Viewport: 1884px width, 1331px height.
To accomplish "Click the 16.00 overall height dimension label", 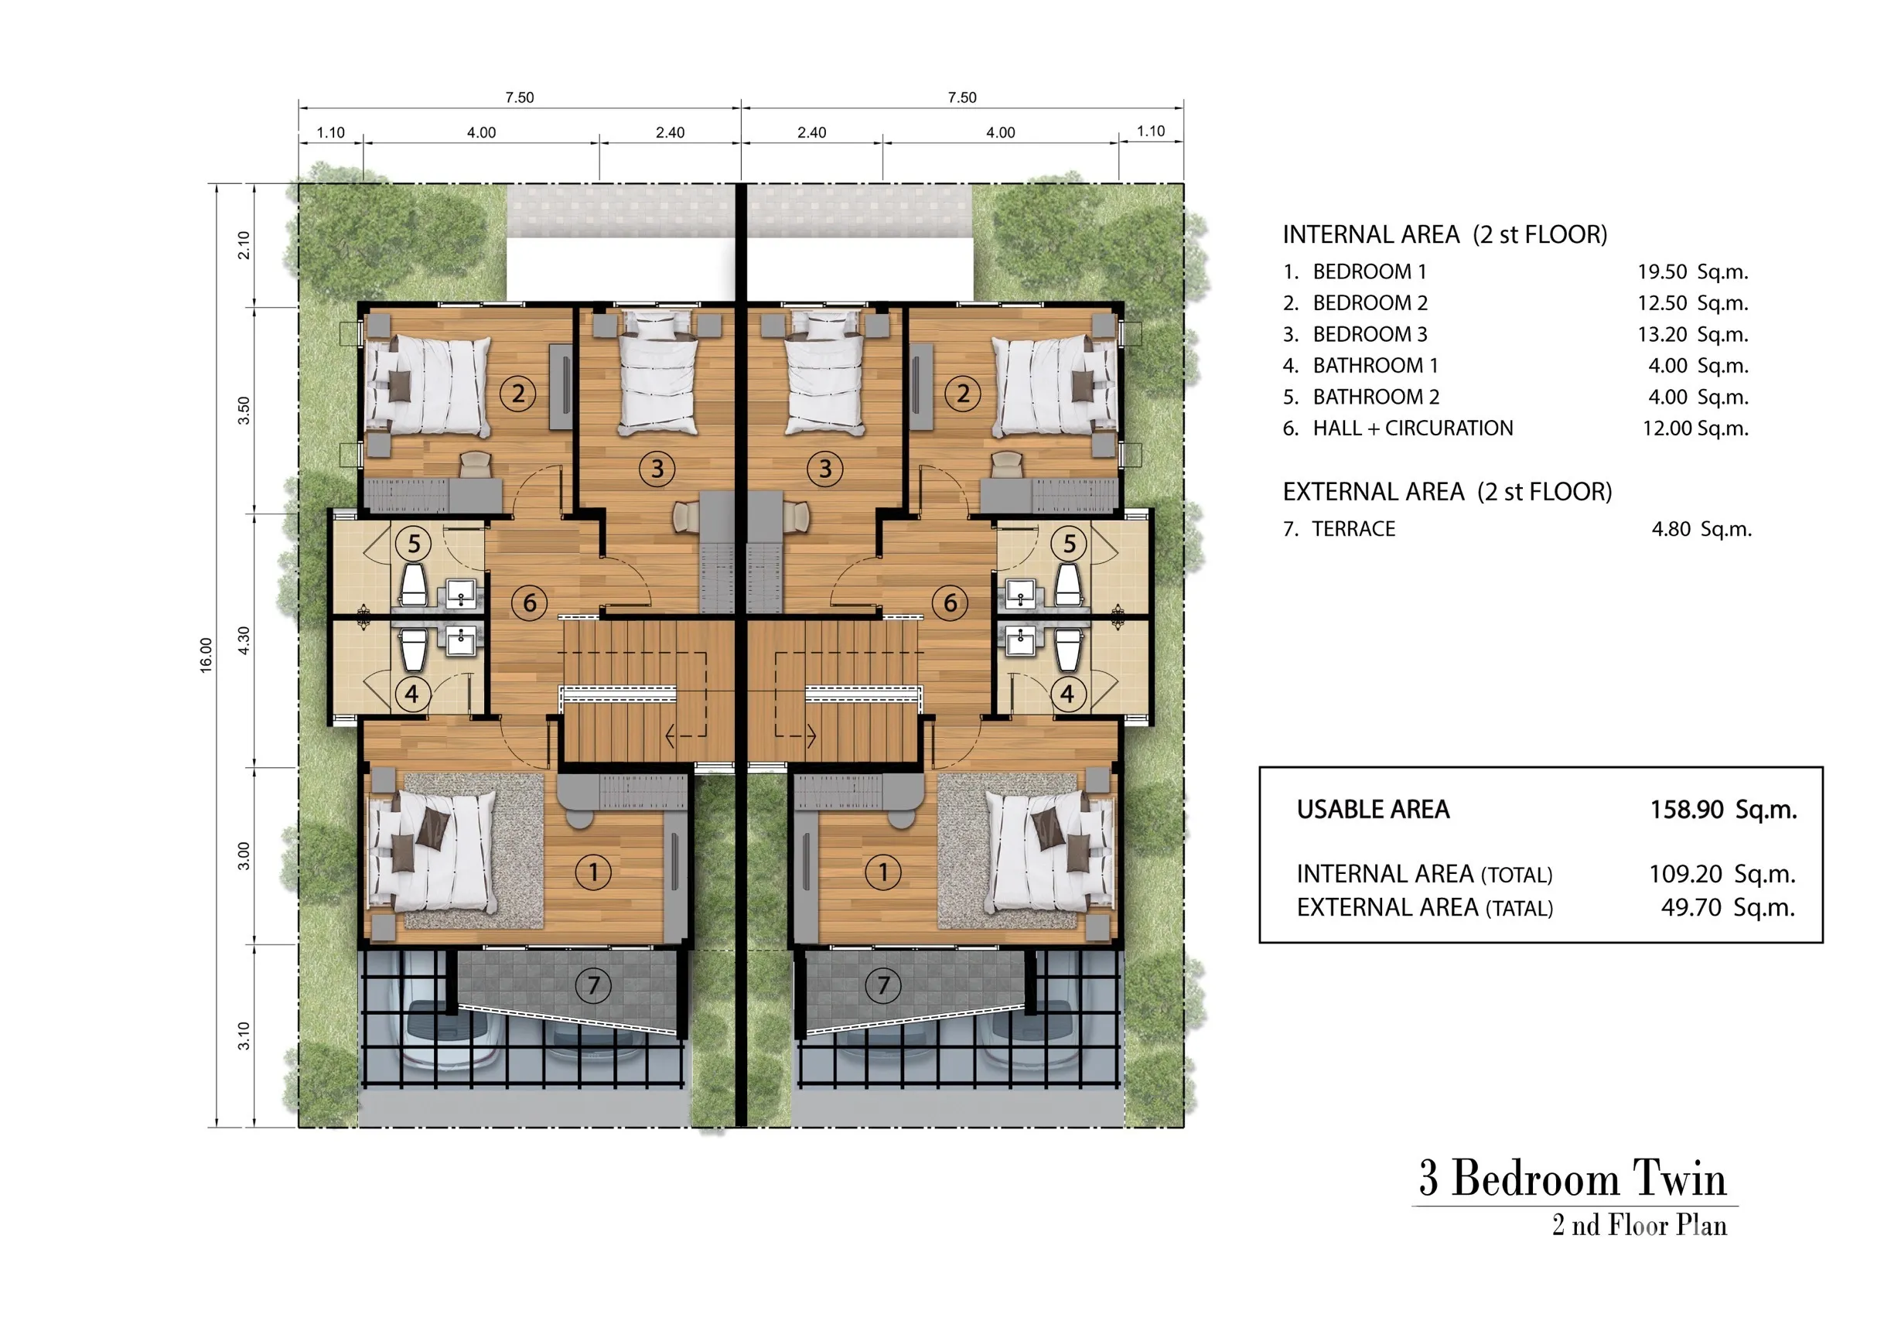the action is tap(206, 656).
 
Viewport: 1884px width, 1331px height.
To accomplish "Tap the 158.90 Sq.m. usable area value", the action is tap(1723, 810).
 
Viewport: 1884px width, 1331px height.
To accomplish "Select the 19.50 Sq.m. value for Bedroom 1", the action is tap(1693, 271).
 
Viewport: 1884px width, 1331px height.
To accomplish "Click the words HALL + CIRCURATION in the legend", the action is tap(1413, 428).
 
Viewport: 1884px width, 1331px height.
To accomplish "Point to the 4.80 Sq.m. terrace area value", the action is tap(1701, 529).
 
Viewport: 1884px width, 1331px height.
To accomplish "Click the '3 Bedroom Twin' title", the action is tap(1573, 1179).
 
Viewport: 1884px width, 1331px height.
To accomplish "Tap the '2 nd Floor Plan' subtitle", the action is tap(1640, 1225).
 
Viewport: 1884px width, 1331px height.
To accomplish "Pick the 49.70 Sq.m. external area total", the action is tap(1728, 908).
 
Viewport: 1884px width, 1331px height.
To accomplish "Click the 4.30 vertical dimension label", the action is tap(244, 640).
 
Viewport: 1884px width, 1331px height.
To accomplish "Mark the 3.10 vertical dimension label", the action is tap(244, 1036).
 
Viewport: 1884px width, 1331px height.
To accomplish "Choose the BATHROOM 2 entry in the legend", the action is tap(1376, 398).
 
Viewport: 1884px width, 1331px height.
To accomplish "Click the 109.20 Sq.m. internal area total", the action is tap(1722, 874).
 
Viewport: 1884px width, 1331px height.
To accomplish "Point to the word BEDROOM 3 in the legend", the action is tap(1370, 335).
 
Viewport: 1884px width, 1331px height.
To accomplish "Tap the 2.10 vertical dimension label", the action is tap(244, 244).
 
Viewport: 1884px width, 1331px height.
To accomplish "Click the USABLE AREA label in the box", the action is tap(1373, 810).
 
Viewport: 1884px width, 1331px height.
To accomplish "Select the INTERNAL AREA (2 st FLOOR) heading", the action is tap(1445, 234).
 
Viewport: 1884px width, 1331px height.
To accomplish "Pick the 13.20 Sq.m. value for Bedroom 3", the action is tap(1693, 335).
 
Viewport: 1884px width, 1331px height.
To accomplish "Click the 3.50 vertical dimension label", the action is tap(244, 411).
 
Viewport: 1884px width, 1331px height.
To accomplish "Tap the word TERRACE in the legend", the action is tap(1353, 529).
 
